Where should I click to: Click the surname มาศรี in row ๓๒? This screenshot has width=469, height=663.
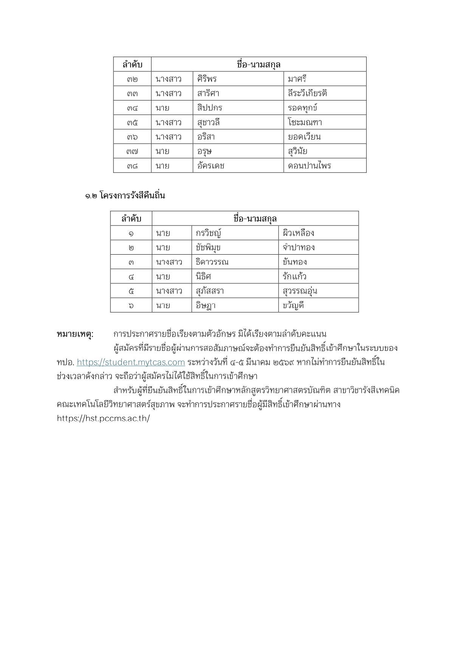click(x=297, y=79)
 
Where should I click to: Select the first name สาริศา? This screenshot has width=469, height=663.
click(x=208, y=93)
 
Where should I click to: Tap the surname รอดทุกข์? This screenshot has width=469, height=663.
click(x=302, y=108)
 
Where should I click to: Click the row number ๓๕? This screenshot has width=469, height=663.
click(x=132, y=122)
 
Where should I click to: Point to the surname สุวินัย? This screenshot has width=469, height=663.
click(x=297, y=151)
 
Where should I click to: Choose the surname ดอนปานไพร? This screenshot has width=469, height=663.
click(x=309, y=166)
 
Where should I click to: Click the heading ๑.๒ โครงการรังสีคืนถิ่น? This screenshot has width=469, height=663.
click(x=125, y=196)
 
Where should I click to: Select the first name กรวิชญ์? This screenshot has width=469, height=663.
click(x=208, y=233)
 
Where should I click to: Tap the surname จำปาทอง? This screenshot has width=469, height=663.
click(x=299, y=247)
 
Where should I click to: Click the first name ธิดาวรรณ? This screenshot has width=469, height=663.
click(x=212, y=262)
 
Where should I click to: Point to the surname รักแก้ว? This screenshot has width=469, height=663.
click(x=294, y=277)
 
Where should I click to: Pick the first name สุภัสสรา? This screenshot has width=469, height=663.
click(x=210, y=291)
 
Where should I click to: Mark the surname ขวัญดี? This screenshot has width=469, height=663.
click(x=293, y=305)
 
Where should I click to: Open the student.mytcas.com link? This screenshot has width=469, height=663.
click(x=131, y=362)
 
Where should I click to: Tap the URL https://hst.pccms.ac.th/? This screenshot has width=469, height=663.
click(x=103, y=419)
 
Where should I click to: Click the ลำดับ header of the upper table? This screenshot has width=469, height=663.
click(x=132, y=65)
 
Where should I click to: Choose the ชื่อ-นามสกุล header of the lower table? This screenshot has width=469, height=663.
click(x=255, y=219)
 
